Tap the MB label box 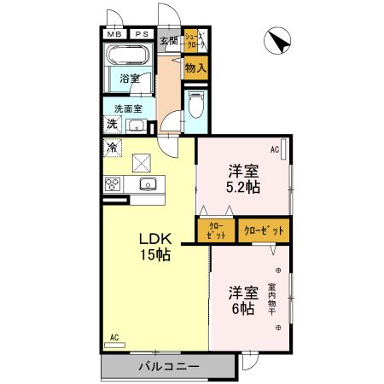pyautogui.click(x=113, y=34)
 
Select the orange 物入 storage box pyautogui.click(x=195, y=67)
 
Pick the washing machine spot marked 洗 pyautogui.click(x=112, y=125)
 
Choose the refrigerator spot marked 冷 pyautogui.click(x=113, y=147)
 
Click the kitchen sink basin pyautogui.click(x=148, y=184)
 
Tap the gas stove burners pyautogui.click(x=113, y=183)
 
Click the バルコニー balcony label pyautogui.click(x=168, y=367)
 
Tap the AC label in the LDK pyautogui.click(x=113, y=337)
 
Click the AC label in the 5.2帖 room pyautogui.click(x=276, y=150)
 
